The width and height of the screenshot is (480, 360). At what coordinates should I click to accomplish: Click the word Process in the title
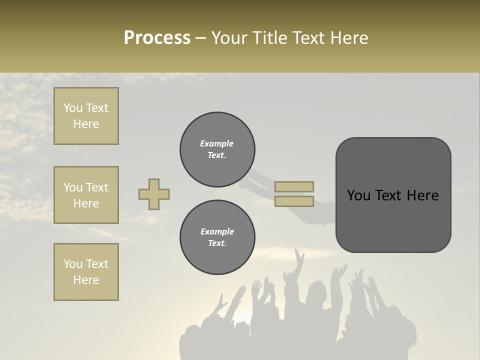tap(157, 38)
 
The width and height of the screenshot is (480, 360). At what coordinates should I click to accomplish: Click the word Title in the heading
tap(270, 38)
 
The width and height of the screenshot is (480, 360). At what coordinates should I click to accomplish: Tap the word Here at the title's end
tap(346, 38)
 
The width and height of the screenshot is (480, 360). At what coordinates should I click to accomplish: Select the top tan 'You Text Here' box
tap(86, 116)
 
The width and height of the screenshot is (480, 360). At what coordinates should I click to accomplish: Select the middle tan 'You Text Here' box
tap(86, 195)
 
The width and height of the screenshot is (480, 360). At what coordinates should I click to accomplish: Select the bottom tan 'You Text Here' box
tap(86, 272)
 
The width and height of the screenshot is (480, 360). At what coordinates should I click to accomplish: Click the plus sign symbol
tap(154, 194)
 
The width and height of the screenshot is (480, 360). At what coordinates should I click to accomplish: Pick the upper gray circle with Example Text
tap(217, 149)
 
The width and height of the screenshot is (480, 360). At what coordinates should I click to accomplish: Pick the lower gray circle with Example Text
tap(217, 237)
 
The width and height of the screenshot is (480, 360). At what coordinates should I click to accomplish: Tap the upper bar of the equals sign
tap(294, 186)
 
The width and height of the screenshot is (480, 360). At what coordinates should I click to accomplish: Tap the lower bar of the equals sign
tap(294, 201)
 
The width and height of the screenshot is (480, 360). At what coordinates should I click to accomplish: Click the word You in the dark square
tap(358, 195)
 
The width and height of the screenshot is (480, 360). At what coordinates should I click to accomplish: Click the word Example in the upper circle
tap(217, 143)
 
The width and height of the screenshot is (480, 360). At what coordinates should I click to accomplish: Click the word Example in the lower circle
tap(217, 231)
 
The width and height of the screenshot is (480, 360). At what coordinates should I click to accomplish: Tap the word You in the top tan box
tap(73, 108)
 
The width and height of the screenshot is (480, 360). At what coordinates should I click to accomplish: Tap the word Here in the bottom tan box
tap(86, 280)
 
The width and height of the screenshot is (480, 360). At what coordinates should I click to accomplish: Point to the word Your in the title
tap(230, 38)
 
